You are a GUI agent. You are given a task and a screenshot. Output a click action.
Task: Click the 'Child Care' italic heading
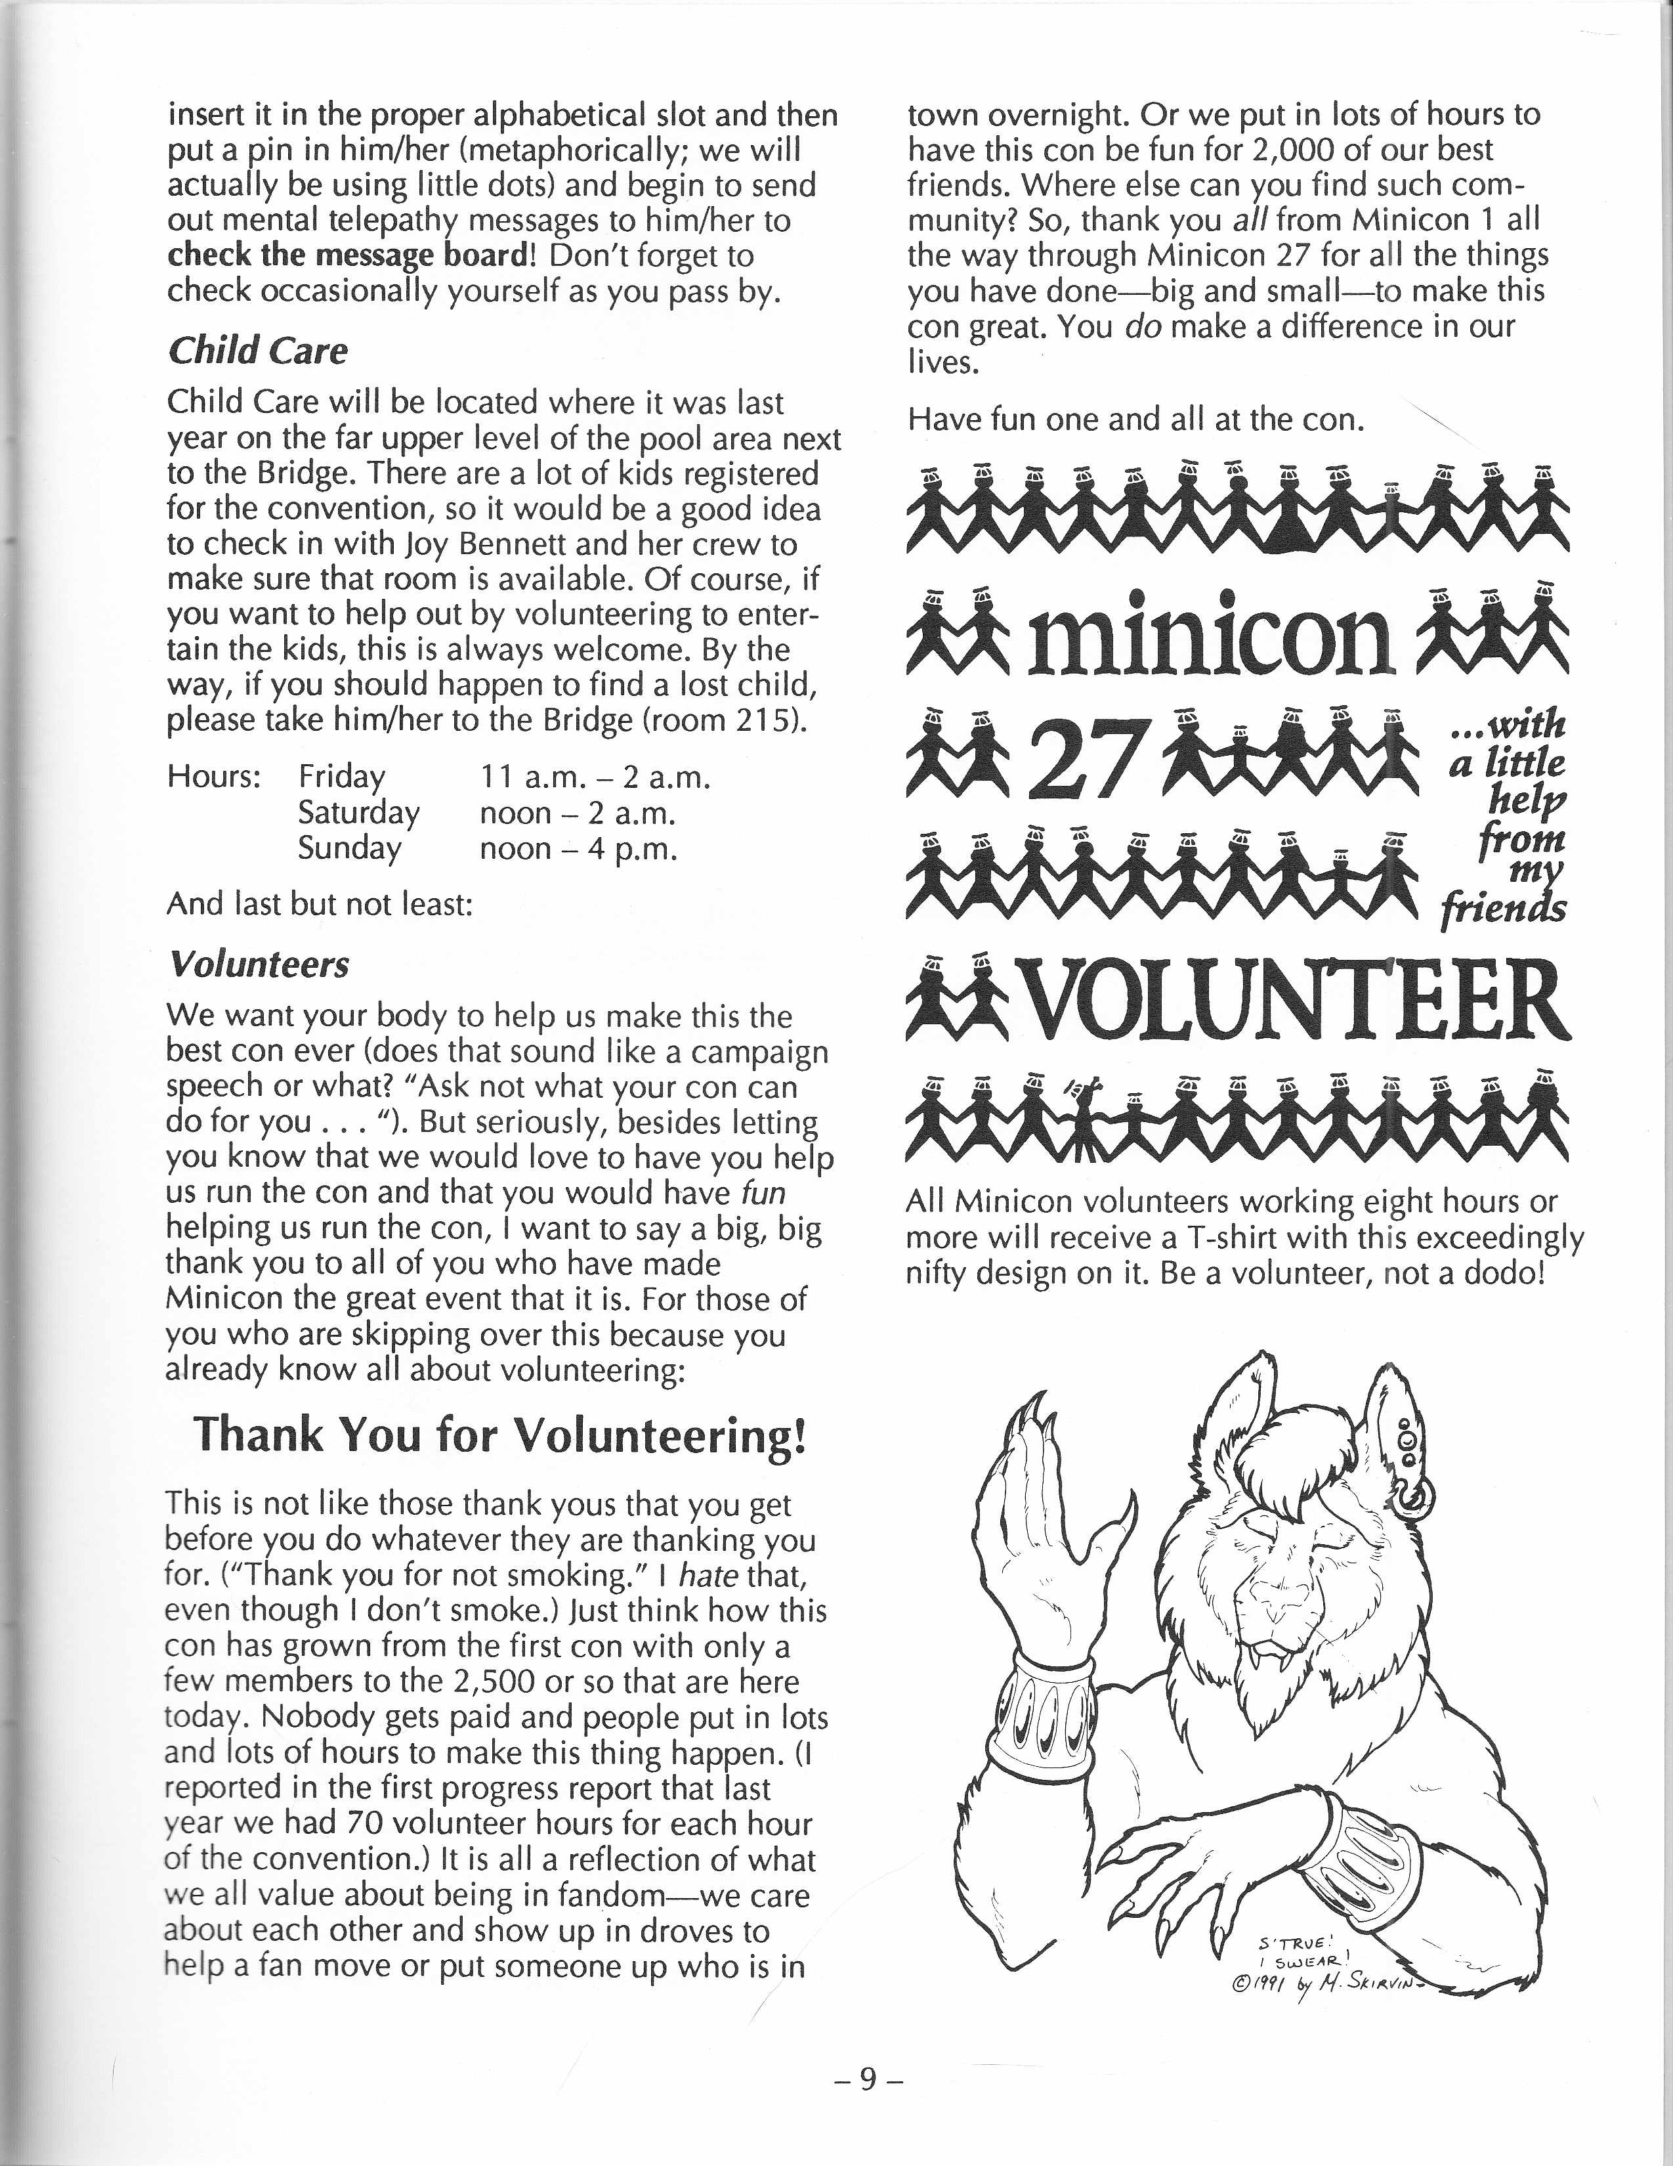pyautogui.click(x=258, y=351)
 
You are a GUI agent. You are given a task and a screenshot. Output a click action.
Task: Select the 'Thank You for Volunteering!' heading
pyautogui.click(x=499, y=1433)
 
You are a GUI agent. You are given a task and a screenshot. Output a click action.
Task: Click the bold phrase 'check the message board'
pyautogui.click(x=351, y=256)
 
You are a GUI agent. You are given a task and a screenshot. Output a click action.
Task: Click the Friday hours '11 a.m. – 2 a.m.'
pyautogui.click(x=595, y=777)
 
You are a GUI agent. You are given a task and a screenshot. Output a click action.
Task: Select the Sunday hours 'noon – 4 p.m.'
pyautogui.click(x=578, y=849)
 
